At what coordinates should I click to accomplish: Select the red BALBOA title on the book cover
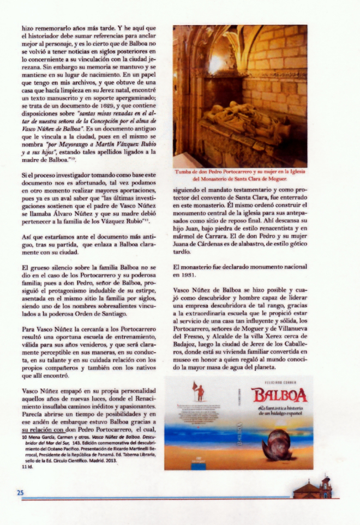tap(279, 394)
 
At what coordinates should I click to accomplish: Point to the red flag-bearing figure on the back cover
tap(200, 390)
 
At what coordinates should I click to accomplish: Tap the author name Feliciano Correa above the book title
tap(279, 383)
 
